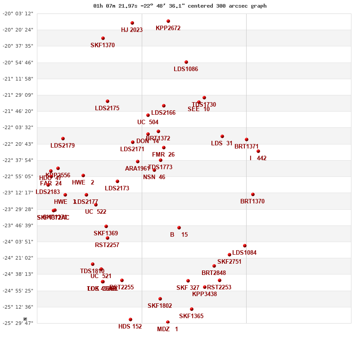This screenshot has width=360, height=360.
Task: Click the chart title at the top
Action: (180, 6)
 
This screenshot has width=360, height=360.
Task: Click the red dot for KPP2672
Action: (168, 21)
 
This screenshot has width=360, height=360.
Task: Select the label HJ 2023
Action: (132, 30)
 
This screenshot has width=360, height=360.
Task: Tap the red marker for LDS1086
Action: (186, 62)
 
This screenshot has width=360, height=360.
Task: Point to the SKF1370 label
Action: (103, 45)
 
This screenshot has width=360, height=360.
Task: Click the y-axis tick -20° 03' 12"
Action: (18, 13)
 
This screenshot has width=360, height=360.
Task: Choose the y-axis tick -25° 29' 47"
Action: (18, 323)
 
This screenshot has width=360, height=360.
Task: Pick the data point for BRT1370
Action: (253, 194)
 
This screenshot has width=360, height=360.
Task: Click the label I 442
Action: (258, 158)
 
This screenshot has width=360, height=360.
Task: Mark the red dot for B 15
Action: (179, 228)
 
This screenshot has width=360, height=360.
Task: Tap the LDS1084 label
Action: (244, 253)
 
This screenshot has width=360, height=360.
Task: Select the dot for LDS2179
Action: (63, 139)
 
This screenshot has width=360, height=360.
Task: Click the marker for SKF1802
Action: (160, 299)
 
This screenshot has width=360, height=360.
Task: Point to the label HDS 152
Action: (130, 327)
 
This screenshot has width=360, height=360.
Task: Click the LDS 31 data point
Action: (222, 136)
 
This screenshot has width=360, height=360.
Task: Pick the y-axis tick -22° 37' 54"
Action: (18, 160)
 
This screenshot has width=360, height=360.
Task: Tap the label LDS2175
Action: (107, 108)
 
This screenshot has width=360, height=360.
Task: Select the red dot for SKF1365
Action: (192, 309)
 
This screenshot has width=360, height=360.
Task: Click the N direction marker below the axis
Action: (25, 319)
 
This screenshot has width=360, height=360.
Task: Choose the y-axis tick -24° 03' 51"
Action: (18, 242)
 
